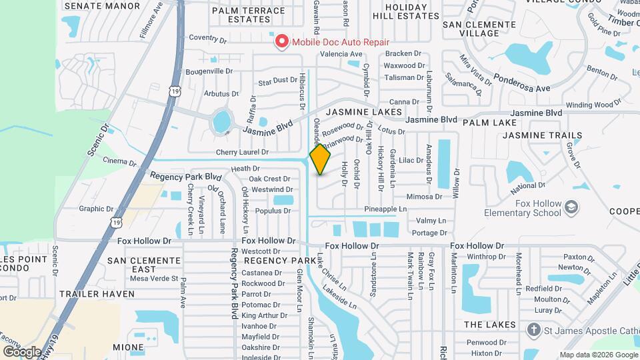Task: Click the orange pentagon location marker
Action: point(320,159)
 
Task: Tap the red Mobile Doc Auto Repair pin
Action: point(281,42)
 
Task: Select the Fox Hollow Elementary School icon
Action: point(571,208)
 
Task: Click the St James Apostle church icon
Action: point(533,330)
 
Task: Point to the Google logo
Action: point(22,351)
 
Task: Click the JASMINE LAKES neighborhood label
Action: point(364,112)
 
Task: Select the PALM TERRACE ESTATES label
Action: point(240,15)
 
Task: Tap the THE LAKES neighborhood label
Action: point(489,324)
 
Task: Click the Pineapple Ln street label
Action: point(385,209)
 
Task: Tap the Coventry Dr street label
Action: point(208,38)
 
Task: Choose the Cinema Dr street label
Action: point(121,161)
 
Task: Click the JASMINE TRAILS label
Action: point(542,135)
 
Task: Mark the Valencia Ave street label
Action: point(341,54)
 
